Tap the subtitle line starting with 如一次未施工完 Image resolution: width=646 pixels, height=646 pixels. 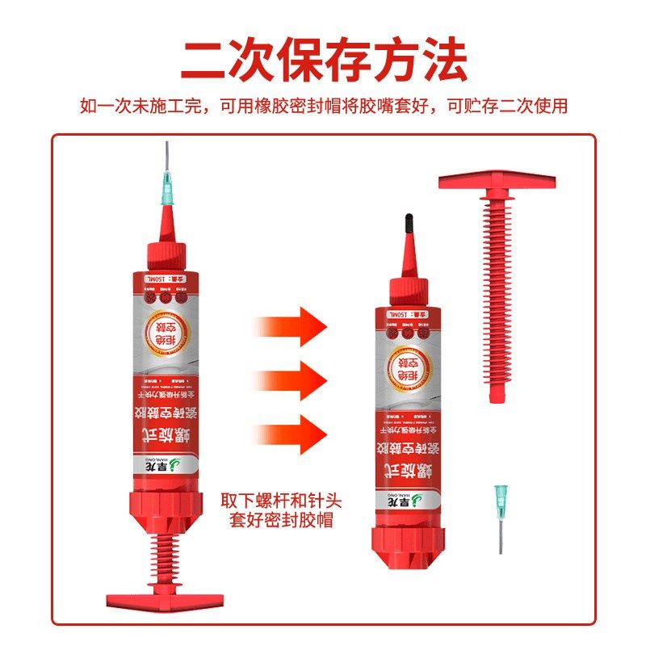(323, 106)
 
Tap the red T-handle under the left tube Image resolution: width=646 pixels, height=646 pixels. (165, 599)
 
